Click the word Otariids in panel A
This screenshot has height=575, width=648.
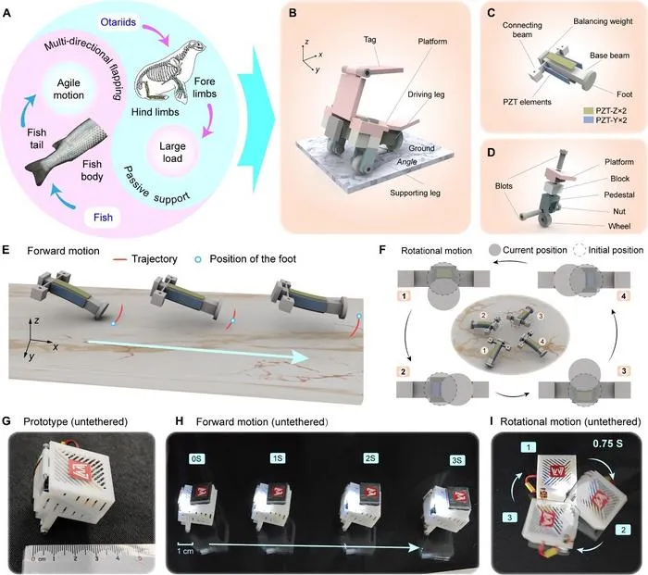(118, 22)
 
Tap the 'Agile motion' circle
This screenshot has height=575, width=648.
(69, 89)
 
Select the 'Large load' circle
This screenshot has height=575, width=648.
(172, 152)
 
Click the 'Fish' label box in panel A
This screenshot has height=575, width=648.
(103, 218)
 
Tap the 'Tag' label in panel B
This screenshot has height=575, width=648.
(370, 40)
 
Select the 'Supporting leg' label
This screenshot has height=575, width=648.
(415, 193)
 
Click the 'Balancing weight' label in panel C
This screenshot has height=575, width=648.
(603, 21)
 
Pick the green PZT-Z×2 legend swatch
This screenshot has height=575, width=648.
(588, 111)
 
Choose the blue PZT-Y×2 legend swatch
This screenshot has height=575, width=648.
(588, 120)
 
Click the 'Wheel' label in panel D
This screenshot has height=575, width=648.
(619, 226)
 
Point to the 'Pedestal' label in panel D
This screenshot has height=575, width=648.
(618, 194)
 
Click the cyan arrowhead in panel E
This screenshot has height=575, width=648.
(298, 356)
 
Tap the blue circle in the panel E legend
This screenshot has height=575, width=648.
(198, 259)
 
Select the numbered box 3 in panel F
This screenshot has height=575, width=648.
(624, 371)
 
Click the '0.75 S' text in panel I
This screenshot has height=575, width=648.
(607, 444)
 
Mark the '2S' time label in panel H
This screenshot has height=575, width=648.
(370, 458)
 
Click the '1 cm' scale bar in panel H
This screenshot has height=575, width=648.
(185, 547)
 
